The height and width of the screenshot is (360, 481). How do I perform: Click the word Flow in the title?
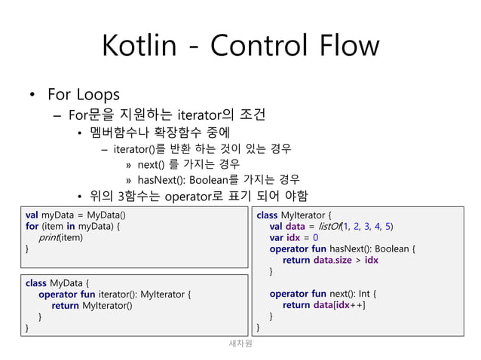tap(345, 47)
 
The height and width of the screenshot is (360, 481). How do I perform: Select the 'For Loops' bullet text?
tap(83, 96)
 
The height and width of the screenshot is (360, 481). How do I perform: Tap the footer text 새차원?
tap(240, 343)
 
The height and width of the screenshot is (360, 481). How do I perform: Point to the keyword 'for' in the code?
tap(32, 226)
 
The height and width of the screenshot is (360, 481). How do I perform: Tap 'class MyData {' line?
tap(57, 283)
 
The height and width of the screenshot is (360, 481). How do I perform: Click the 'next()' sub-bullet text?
tap(152, 164)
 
